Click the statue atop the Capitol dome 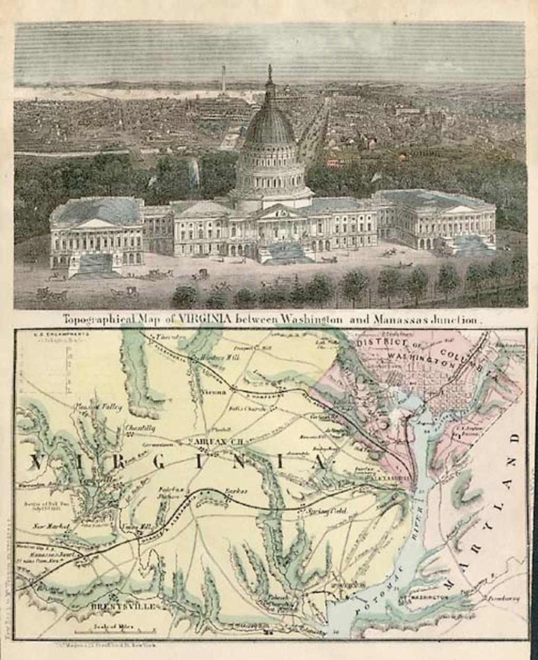coord(270,72)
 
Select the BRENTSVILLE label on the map coord(124,606)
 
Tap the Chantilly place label coord(140,429)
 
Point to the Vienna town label coord(214,392)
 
